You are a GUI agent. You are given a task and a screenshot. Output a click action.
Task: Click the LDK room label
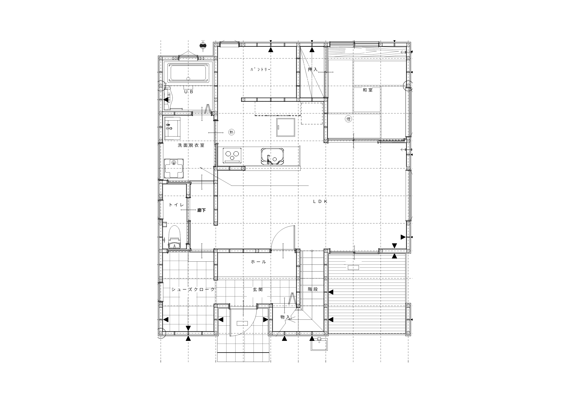point(321,201)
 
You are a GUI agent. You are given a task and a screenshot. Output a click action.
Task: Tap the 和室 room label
point(368,90)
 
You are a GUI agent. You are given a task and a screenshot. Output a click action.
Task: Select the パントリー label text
point(260,69)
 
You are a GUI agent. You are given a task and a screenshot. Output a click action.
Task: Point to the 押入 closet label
point(313,69)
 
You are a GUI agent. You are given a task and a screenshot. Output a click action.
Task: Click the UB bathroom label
point(188,92)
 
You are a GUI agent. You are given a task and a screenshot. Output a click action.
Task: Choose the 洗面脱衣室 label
point(191,145)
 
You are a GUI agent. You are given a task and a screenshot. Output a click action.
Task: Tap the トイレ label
point(176,205)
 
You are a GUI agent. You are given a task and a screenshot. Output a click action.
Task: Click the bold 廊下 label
point(201,211)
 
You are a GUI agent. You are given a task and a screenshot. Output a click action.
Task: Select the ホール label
point(258,262)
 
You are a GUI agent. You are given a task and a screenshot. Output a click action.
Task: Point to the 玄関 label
point(258,290)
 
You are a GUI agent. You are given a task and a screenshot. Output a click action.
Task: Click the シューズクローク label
point(193,290)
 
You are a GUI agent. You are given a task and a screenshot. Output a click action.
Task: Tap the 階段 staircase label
point(313,289)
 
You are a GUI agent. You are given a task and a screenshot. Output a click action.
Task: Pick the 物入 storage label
point(285,317)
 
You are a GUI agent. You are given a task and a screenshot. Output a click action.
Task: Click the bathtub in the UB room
point(190,73)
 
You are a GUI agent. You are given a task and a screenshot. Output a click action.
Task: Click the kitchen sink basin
point(272,156)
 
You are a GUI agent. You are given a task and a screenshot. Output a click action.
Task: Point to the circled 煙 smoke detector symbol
point(348,119)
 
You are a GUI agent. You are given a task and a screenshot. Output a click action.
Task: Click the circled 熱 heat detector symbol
point(231,132)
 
